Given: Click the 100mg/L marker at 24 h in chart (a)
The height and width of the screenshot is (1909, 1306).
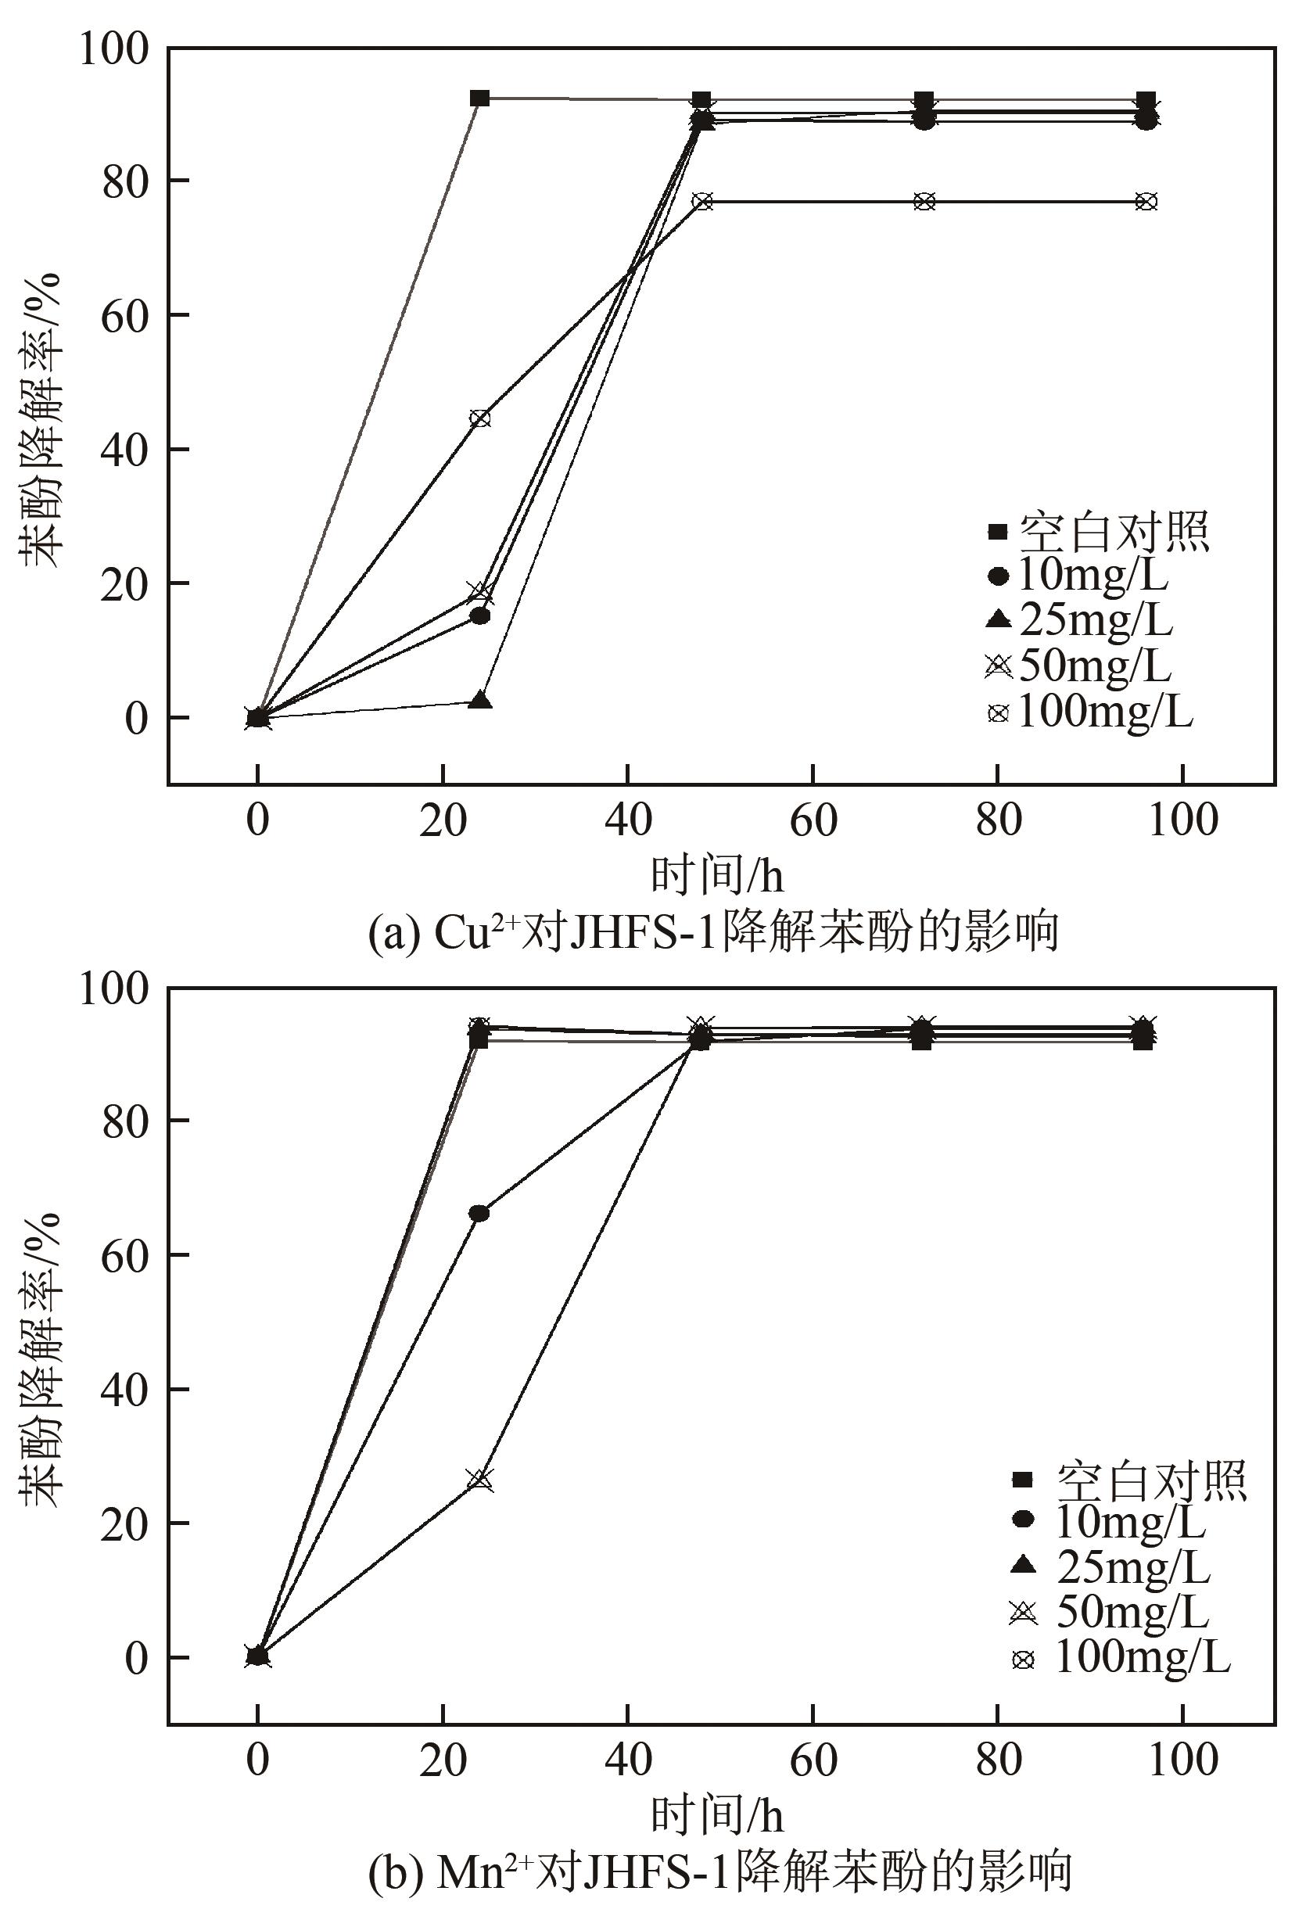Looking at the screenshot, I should [x=479, y=418].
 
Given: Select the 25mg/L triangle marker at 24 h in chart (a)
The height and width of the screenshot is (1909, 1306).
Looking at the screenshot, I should [x=481, y=701].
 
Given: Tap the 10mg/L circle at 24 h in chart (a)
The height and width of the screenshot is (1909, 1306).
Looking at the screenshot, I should [x=479, y=616].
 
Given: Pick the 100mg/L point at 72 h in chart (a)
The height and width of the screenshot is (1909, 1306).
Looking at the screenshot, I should [x=924, y=201].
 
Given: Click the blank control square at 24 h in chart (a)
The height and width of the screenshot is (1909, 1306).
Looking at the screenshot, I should [x=479, y=99].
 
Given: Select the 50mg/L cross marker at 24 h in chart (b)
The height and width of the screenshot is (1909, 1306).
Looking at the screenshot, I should [x=480, y=1480].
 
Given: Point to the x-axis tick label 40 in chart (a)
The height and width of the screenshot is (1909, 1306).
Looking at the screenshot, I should [x=627, y=820].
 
